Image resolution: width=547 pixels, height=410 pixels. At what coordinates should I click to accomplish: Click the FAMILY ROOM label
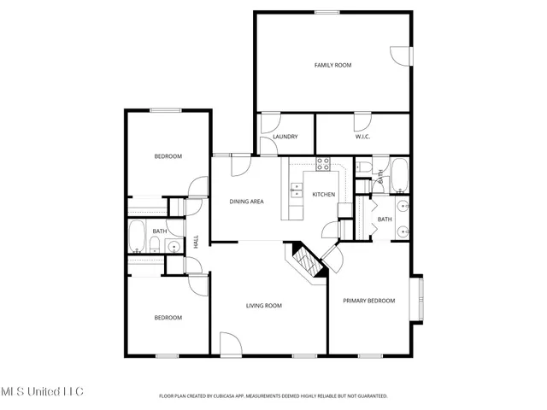332,65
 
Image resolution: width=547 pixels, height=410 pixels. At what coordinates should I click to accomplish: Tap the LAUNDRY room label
285,137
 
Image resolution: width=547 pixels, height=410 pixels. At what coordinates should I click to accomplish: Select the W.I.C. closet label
362,137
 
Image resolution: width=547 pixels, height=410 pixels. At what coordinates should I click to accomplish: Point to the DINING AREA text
245,202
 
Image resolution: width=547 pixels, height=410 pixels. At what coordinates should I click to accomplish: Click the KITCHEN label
323,195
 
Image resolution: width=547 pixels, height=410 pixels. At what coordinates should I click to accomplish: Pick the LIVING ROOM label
264,305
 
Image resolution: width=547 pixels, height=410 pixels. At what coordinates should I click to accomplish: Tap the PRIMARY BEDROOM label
368,301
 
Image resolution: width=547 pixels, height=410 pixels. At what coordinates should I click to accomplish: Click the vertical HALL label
196,243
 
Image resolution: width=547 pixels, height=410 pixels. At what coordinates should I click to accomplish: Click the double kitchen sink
297,188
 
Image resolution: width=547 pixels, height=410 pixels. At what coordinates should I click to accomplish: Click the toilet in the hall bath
154,247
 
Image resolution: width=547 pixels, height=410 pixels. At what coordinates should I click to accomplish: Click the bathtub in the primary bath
398,174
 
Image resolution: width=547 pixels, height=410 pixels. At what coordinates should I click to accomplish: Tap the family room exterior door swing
399,53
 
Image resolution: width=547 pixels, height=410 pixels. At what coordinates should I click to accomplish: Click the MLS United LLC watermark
42,391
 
